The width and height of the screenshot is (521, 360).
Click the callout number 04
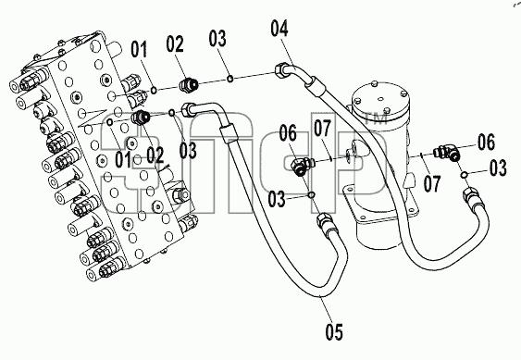tap(279, 29)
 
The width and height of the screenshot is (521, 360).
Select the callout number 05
tap(334, 331)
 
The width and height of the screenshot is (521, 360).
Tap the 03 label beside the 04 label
tap(217, 38)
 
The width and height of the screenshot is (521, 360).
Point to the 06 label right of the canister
tap(486, 142)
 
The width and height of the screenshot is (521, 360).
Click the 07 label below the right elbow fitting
tap(432, 184)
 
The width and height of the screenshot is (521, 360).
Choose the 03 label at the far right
tap(498, 168)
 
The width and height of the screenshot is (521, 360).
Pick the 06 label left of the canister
tap(288, 133)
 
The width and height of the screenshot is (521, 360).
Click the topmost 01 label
tap(139, 50)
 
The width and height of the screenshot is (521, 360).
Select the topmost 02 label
tap(175, 44)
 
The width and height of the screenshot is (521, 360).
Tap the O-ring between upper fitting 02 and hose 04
tap(229, 79)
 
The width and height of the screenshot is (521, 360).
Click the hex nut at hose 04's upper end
tap(281, 70)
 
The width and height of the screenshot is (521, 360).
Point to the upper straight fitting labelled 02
tap(189, 85)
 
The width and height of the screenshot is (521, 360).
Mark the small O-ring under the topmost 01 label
tap(154, 90)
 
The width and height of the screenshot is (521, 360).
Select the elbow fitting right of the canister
tap(448, 151)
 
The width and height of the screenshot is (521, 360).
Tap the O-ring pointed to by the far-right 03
tap(464, 175)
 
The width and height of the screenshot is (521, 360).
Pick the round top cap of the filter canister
tap(380, 98)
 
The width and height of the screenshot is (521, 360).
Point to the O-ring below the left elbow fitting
tap(312, 194)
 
